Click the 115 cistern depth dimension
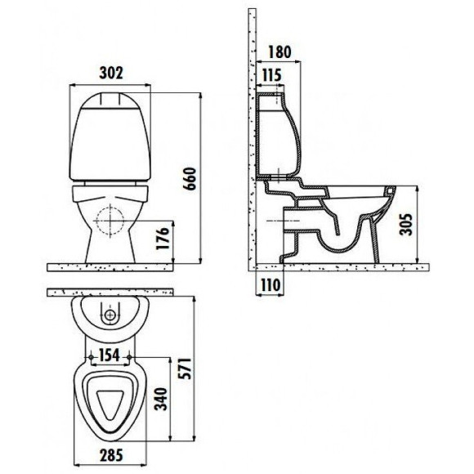click(271, 77)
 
